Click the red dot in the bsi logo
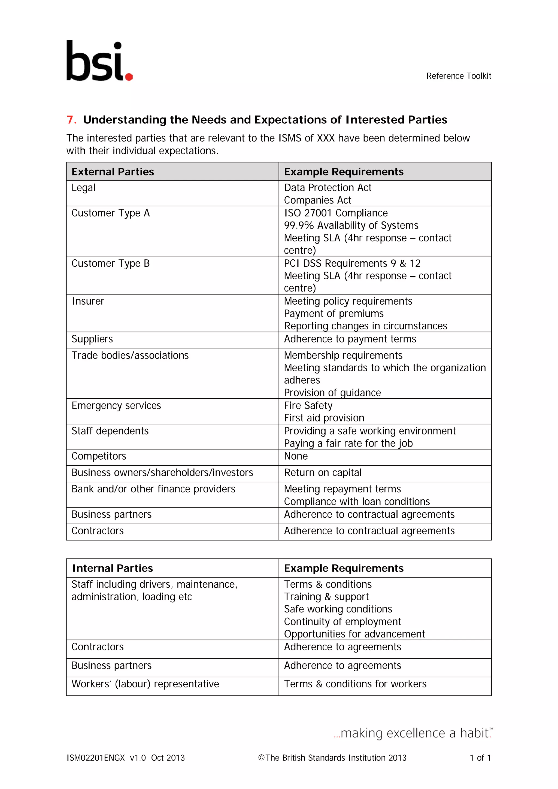(x=129, y=77)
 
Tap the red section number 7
(x=71, y=120)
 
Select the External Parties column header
(x=113, y=172)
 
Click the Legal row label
(x=83, y=188)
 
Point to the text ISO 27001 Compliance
(x=336, y=213)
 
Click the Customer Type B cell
(x=111, y=263)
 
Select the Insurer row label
(x=88, y=301)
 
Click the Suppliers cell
(x=92, y=339)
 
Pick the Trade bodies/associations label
(x=130, y=355)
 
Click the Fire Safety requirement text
(x=308, y=405)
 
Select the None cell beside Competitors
(x=296, y=456)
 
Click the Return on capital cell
(x=323, y=473)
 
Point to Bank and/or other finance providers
(x=153, y=489)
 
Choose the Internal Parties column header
(x=112, y=568)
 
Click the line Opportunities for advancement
(x=354, y=634)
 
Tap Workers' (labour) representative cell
(x=145, y=684)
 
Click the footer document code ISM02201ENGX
(x=96, y=758)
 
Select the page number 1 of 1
(x=480, y=758)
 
